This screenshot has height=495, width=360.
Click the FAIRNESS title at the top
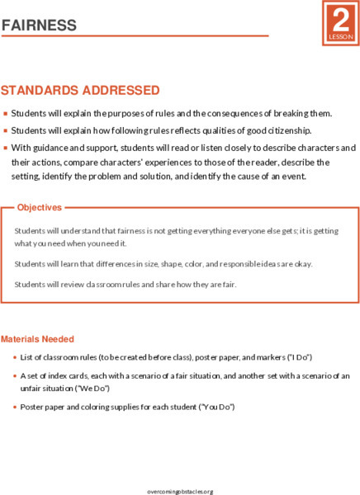pyautogui.click(x=40, y=26)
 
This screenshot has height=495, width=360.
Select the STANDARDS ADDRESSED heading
pyautogui.click(x=80, y=89)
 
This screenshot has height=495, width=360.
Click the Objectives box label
pyautogui.click(x=40, y=207)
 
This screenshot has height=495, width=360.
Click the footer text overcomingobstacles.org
pyautogui.click(x=180, y=491)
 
